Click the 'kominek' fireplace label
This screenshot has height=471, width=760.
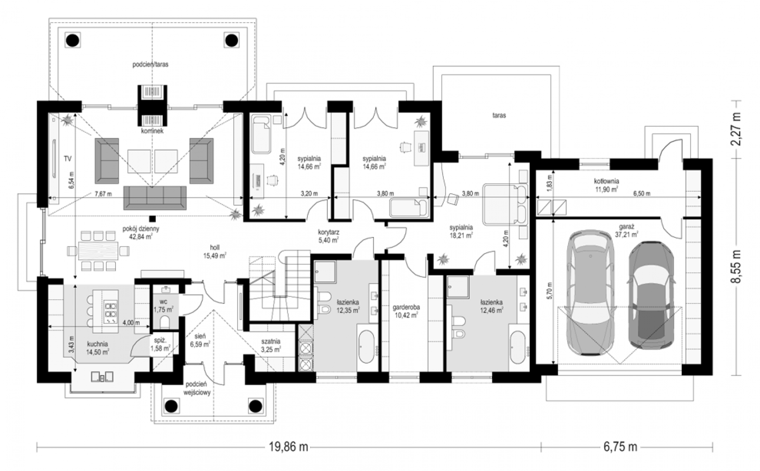[x=152, y=131]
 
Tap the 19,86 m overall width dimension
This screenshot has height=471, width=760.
[x=289, y=447]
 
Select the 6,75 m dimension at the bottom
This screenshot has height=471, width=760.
[x=620, y=447]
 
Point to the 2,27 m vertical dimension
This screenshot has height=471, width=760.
[x=736, y=129]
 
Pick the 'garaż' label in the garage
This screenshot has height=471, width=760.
[x=626, y=226]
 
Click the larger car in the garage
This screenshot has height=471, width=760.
[x=590, y=292]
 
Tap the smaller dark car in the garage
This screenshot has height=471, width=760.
[x=651, y=295]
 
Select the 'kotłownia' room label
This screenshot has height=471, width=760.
[x=607, y=181]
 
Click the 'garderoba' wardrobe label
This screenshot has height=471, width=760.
[x=406, y=307]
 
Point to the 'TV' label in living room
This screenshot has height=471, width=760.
[x=67, y=159]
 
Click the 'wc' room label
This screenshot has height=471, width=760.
[x=163, y=302]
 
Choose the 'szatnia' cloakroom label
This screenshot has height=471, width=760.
[x=271, y=341]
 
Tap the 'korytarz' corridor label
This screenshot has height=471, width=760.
[x=329, y=233]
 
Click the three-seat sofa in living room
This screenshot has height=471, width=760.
[x=155, y=198]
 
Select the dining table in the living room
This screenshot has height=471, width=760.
[x=98, y=251]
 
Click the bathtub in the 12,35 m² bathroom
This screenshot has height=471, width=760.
[x=367, y=347]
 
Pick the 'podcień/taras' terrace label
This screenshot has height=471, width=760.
[x=150, y=64]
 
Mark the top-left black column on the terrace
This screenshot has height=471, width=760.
[x=73, y=41]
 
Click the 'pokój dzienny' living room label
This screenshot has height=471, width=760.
[x=141, y=229]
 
